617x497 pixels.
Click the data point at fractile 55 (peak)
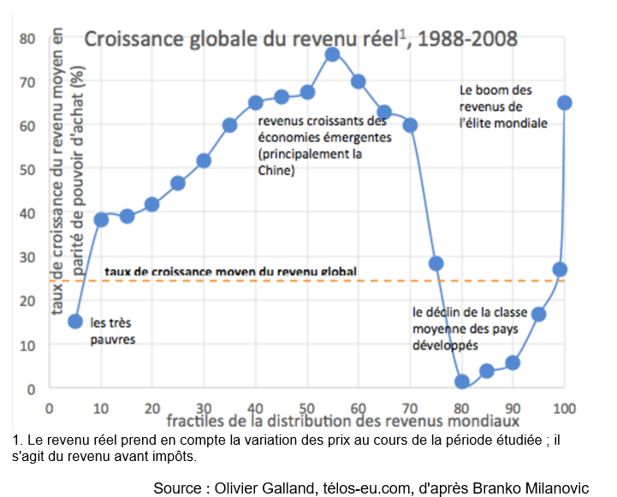coord(332,55)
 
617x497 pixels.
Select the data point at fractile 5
coord(75,321)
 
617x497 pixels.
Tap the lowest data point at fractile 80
coord(462,382)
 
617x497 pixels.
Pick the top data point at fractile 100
coord(565,103)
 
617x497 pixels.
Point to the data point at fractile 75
coord(436,263)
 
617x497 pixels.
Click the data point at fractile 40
coord(255,103)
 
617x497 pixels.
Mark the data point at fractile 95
coord(539,314)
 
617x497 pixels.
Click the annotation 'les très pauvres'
coord(114,331)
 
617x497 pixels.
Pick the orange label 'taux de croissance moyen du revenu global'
coord(230,272)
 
